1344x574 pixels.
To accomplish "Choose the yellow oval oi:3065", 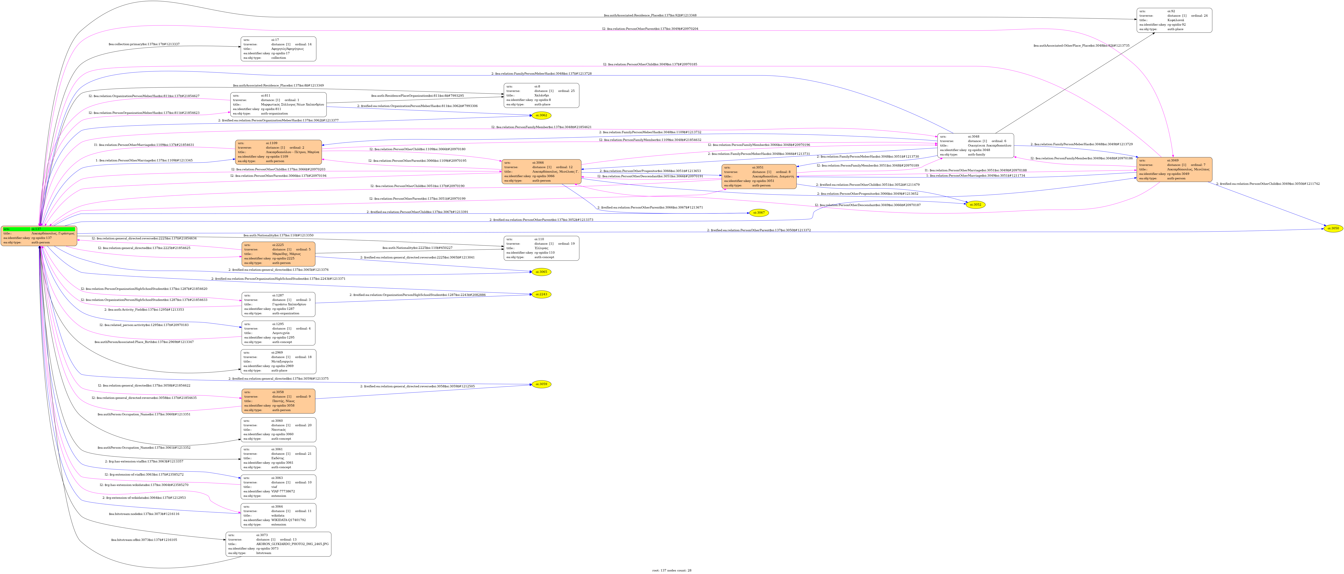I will pyautogui.click(x=542, y=272).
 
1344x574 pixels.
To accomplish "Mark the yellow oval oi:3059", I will pyautogui.click(x=542, y=384).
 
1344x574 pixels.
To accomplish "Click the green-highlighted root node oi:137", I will pyautogui.click(x=39, y=236).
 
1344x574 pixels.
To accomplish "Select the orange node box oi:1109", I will pyautogui.click(x=278, y=152).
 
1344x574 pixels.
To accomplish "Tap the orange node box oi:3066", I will pyautogui.click(x=541, y=172).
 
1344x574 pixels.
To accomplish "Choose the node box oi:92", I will pyautogui.click(x=1174, y=20).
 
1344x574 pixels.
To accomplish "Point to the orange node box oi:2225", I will pyautogui.click(x=278, y=254).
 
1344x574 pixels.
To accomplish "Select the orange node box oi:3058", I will pyautogui.click(x=278, y=401).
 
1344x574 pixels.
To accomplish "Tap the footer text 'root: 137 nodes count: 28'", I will pyautogui.click(x=671, y=570).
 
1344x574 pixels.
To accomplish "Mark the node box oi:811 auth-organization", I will pyautogui.click(x=278, y=104).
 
